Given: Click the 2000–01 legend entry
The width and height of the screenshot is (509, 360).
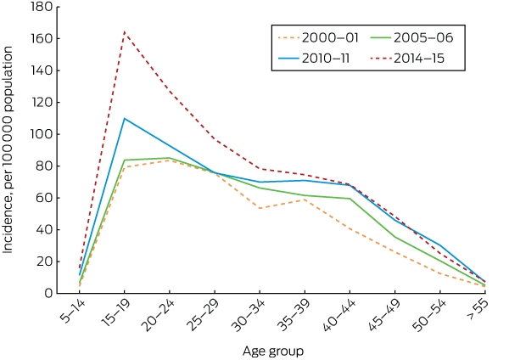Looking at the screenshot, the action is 318,37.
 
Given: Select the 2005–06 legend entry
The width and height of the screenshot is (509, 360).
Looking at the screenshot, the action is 411,37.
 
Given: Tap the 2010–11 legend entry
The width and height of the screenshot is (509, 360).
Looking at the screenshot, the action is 314,59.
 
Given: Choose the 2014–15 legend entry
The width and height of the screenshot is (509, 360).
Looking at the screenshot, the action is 407,59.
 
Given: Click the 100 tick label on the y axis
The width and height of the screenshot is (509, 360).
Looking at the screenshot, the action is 42,134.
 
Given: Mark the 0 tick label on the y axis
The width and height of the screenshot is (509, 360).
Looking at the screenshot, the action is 48,293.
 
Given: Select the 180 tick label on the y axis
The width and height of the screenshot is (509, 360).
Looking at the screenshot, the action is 42,7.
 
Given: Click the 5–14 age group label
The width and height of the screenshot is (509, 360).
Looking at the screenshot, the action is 73,312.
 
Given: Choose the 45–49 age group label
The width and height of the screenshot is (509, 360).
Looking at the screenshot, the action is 385,315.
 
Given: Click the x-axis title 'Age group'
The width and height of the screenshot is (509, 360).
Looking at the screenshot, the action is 273,352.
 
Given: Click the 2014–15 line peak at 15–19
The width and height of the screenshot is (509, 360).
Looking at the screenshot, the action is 125,32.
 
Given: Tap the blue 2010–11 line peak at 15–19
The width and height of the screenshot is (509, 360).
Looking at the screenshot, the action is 125,118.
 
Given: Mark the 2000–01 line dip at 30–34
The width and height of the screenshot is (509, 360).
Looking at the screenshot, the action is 260,208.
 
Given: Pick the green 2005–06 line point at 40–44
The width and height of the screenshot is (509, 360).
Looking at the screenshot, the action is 350,199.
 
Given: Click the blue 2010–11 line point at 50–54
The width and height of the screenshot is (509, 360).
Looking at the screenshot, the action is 440,245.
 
